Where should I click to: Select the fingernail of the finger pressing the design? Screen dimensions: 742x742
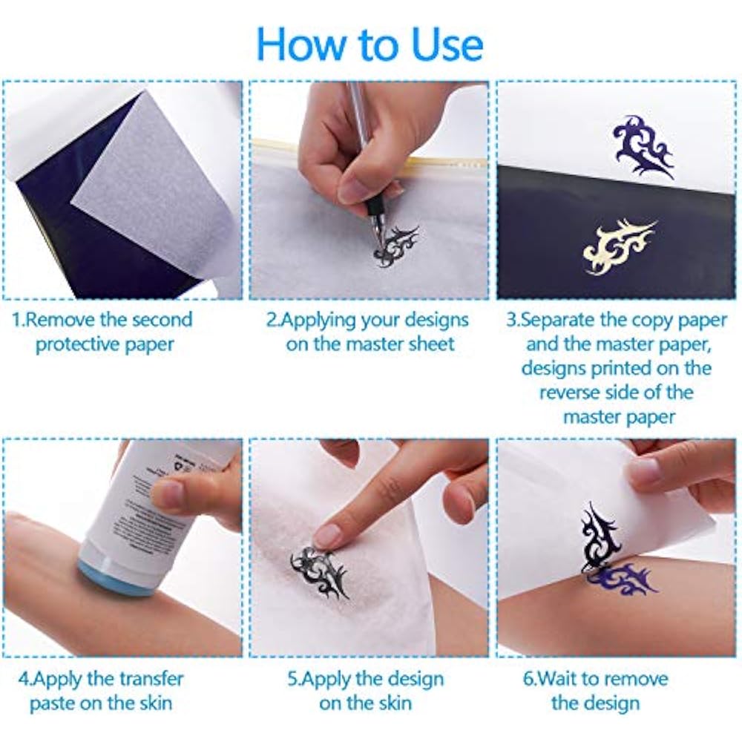[327, 536]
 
